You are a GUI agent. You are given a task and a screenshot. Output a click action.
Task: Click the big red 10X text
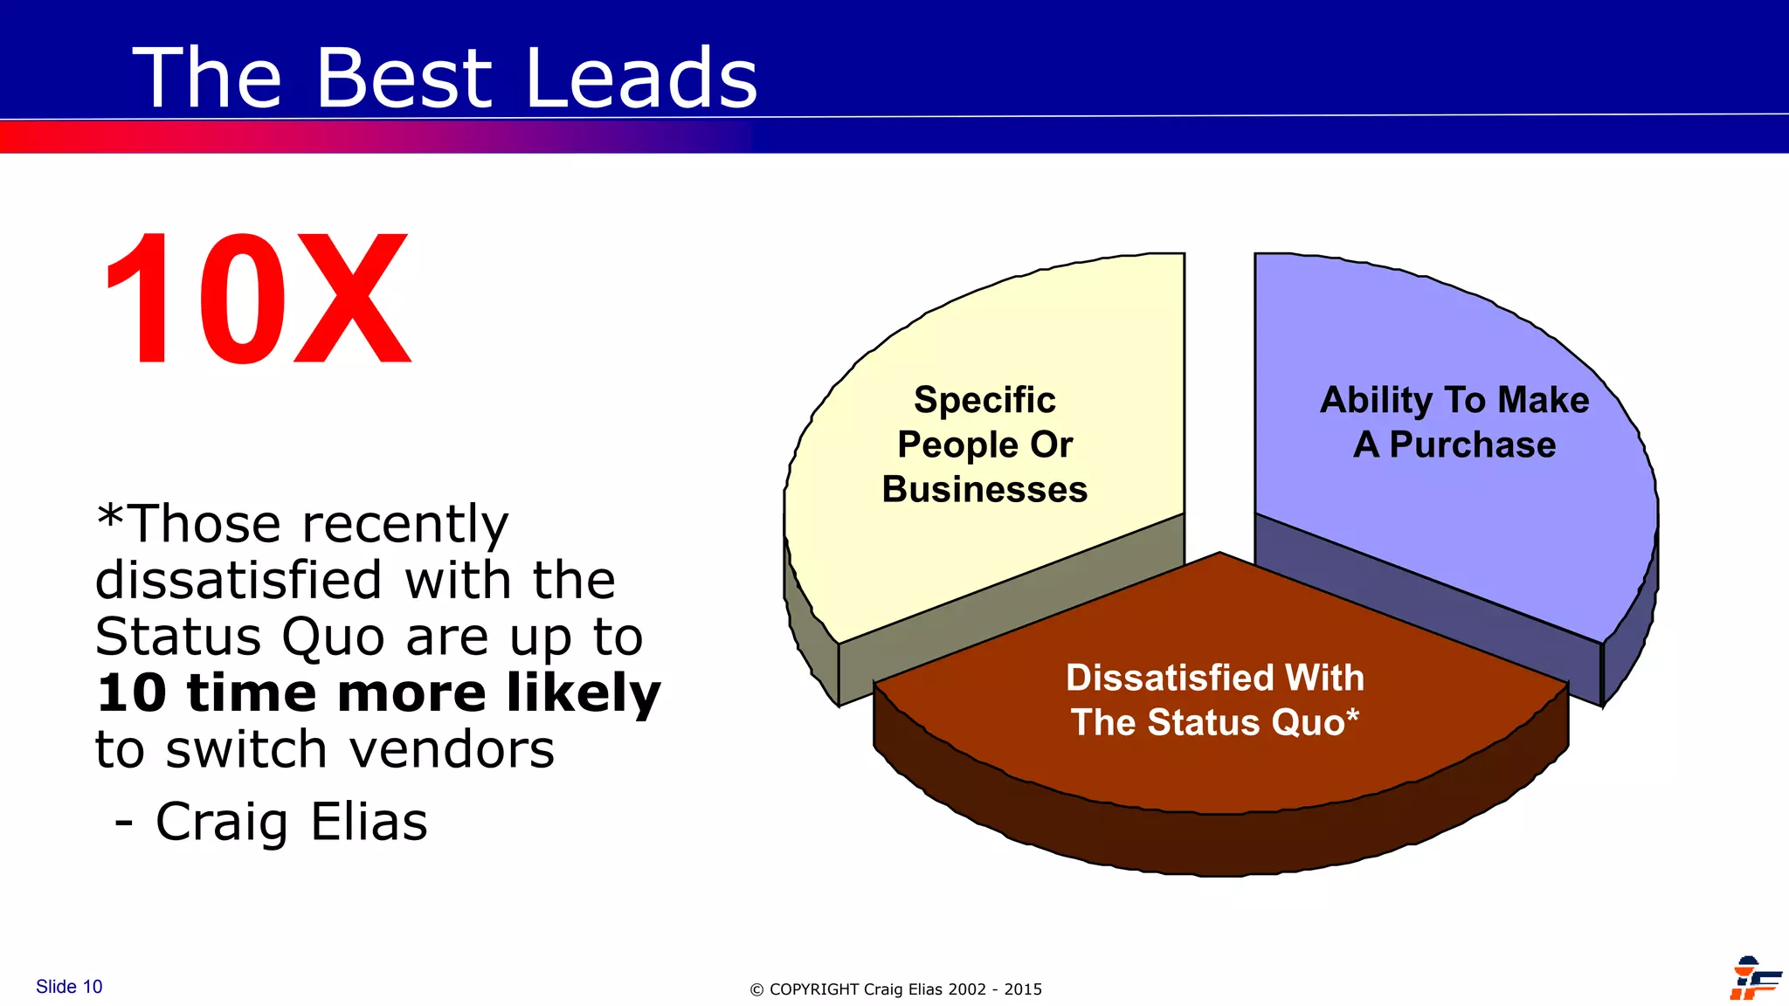click(256, 300)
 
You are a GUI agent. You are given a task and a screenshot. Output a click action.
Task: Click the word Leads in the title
click(641, 79)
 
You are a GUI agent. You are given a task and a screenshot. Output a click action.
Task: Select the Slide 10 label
click(69, 987)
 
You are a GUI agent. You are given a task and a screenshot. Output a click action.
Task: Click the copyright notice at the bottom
click(895, 989)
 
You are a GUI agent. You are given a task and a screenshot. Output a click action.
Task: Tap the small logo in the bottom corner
click(1754, 978)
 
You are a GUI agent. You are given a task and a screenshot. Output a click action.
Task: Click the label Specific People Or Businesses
click(984, 444)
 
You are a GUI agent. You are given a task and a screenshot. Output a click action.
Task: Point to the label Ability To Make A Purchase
click(1454, 422)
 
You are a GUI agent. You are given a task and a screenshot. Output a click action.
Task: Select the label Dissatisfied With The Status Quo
click(1214, 700)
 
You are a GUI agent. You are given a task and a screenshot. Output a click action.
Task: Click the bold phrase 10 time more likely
click(377, 692)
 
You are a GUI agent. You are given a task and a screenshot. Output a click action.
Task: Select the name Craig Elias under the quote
click(291, 822)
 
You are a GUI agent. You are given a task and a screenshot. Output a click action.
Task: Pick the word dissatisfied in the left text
click(238, 580)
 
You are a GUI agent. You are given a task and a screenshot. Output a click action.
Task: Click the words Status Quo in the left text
click(238, 637)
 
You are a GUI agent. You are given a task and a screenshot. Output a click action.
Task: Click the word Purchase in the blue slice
click(1472, 445)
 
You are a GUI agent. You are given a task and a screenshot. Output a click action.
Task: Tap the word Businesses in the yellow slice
click(984, 490)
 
